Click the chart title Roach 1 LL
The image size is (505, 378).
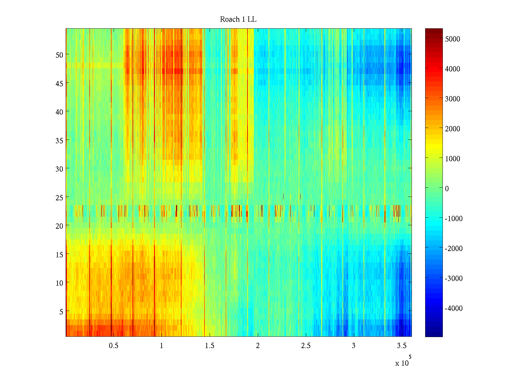238,20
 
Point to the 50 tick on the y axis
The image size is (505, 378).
59,54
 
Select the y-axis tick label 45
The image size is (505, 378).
59,83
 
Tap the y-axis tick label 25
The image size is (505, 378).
59,198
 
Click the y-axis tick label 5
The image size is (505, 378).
61,312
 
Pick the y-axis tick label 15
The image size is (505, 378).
59,255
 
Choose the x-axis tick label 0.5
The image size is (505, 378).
114,346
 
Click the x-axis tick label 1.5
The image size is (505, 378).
210,346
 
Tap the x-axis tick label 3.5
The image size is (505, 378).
401,346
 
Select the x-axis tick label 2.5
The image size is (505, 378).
306,346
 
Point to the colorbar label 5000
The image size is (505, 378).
452,39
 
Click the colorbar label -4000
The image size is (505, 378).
454,308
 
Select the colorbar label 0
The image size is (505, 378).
447,189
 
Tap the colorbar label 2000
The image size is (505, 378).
452,129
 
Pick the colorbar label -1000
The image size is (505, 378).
454,219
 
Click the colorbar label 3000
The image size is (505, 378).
452,99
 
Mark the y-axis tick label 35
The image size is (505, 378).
59,140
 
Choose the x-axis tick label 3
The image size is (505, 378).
353,346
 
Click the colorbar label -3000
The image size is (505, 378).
454,278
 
